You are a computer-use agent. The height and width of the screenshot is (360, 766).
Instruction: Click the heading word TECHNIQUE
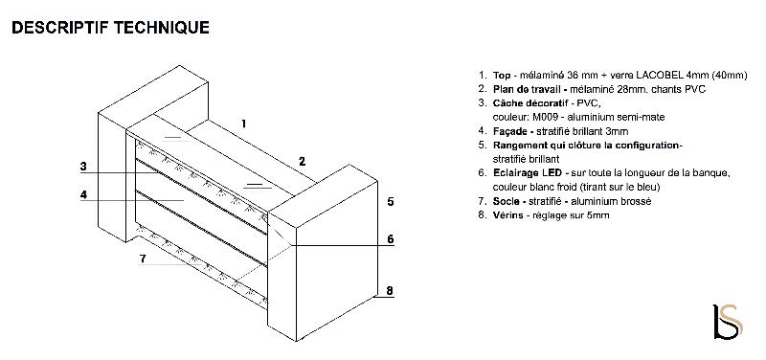(x=162, y=28)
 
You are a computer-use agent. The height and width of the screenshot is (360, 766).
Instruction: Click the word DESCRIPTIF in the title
(x=61, y=28)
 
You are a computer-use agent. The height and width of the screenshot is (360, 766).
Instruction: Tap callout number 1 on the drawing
(x=243, y=124)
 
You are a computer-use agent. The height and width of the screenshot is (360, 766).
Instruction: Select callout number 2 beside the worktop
(x=302, y=161)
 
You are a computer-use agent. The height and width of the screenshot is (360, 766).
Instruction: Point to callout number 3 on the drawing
(x=83, y=167)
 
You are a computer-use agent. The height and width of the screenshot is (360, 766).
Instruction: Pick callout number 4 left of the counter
(x=83, y=195)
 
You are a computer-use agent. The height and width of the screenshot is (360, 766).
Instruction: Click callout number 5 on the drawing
(x=391, y=201)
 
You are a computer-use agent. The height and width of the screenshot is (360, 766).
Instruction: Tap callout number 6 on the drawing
(x=391, y=238)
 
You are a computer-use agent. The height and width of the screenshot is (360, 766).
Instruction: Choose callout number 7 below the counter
(x=143, y=259)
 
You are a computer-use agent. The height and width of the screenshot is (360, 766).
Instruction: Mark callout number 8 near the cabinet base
(x=390, y=291)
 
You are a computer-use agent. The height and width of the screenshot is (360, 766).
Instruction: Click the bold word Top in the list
(x=502, y=76)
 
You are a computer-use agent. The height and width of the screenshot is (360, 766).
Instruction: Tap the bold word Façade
(x=510, y=131)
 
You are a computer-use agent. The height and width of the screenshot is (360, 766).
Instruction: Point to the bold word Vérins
(x=508, y=214)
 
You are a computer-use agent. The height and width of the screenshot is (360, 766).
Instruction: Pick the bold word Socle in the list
(x=507, y=201)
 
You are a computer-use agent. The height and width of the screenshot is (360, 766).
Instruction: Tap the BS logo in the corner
(x=728, y=322)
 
